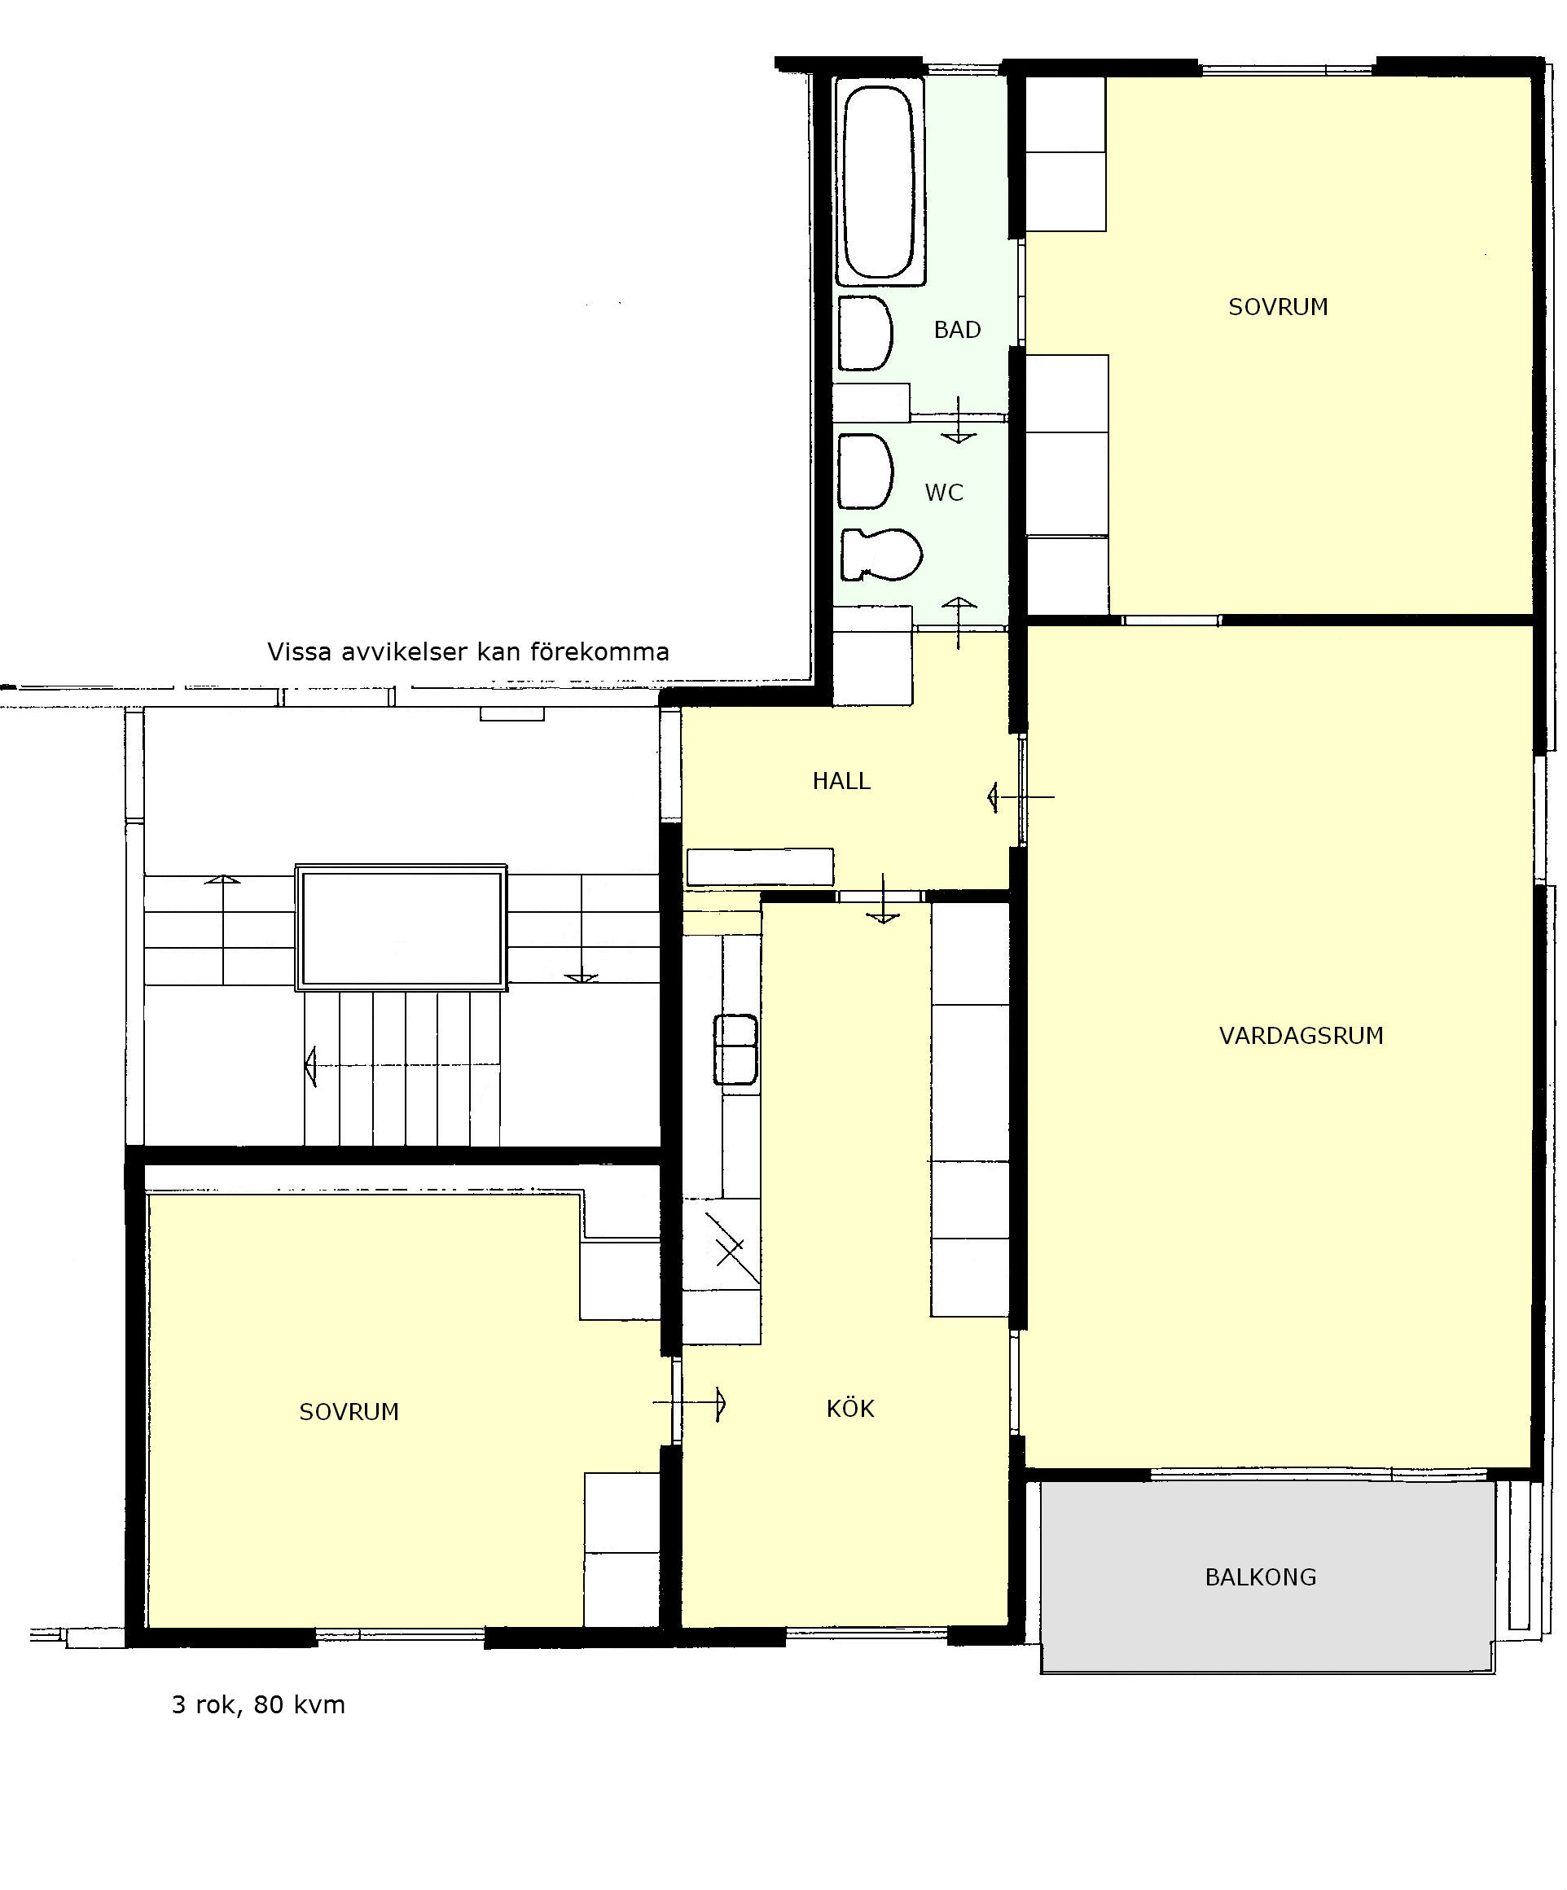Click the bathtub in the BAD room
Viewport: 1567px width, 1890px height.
[x=880, y=182]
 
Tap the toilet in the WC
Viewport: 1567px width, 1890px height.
[x=880, y=554]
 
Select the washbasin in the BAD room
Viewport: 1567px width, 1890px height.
[x=865, y=333]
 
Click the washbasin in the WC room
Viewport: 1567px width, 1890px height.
[x=865, y=471]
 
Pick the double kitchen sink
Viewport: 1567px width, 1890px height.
[x=735, y=1050]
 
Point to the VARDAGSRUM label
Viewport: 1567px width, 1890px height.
[x=1301, y=1036]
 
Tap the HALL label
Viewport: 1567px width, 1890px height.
[x=841, y=781]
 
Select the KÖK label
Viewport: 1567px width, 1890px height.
[x=849, y=1409]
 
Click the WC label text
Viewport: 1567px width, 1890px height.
[x=944, y=493]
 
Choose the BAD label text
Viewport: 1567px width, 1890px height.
[x=957, y=331]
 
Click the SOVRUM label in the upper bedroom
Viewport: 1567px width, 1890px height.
[x=1278, y=307]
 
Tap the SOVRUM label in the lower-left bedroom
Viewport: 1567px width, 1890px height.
[x=349, y=1412]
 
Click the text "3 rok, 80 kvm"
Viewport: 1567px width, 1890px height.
[x=258, y=1704]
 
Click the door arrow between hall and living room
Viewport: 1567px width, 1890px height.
[x=1021, y=796]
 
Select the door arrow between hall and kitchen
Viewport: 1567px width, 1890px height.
[x=883, y=899]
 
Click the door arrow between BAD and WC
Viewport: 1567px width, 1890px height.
[x=959, y=420]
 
